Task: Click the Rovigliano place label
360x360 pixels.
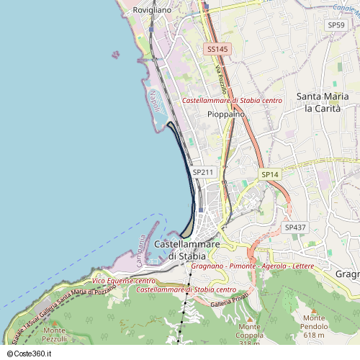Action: click(152, 11)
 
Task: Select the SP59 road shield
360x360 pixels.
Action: click(336, 25)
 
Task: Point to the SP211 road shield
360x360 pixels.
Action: click(203, 172)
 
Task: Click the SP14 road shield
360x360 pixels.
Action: click(269, 174)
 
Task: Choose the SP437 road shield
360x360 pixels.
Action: click(294, 227)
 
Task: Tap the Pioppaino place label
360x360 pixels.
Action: click(226, 114)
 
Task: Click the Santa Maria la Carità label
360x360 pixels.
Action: click(323, 102)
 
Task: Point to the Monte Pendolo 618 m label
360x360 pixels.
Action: click(315, 326)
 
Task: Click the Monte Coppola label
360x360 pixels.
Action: click(249, 334)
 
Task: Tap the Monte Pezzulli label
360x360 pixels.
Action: click(55, 334)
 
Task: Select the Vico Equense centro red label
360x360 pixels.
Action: click(124, 280)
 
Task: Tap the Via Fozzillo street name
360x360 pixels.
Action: click(221, 81)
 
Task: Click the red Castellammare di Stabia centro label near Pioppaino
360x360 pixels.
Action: click(232, 101)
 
